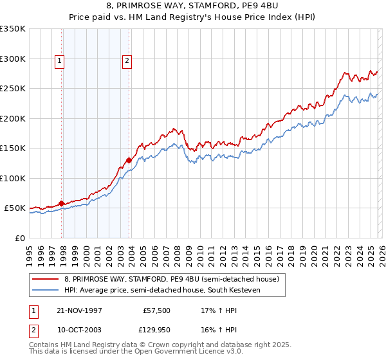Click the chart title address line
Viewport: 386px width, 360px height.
[193, 6]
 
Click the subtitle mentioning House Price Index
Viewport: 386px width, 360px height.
[193, 17]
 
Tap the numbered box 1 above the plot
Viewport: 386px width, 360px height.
[59, 61]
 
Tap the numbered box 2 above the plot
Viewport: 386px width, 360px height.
[127, 61]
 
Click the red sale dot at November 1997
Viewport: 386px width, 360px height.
[62, 203]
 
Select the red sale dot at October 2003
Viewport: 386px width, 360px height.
[129, 160]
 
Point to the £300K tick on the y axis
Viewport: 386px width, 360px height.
[13, 59]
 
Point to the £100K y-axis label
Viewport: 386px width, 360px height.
[13, 178]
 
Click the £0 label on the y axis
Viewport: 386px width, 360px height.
[20, 238]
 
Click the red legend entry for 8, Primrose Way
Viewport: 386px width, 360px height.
[171, 279]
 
